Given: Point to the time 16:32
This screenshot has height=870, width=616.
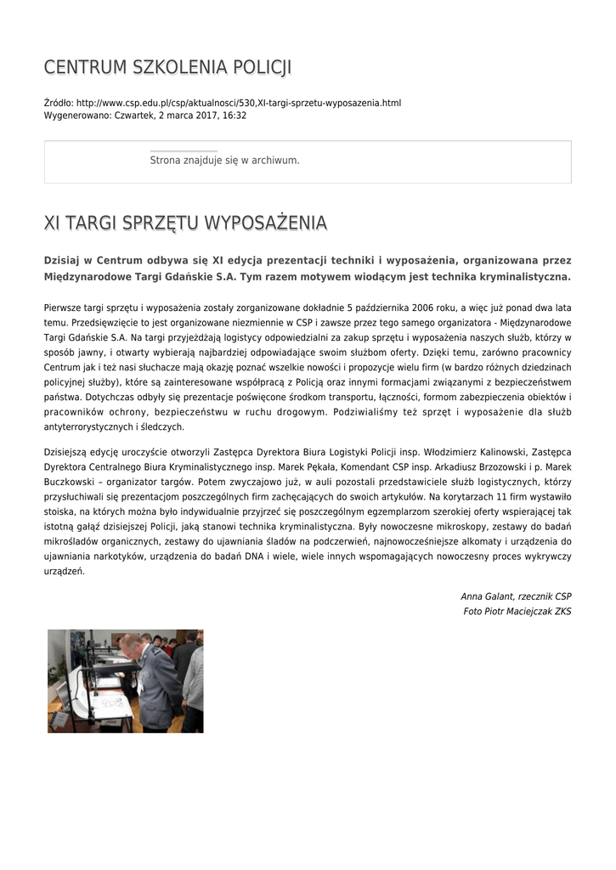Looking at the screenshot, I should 235,115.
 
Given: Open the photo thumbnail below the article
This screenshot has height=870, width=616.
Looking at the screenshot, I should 125,681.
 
